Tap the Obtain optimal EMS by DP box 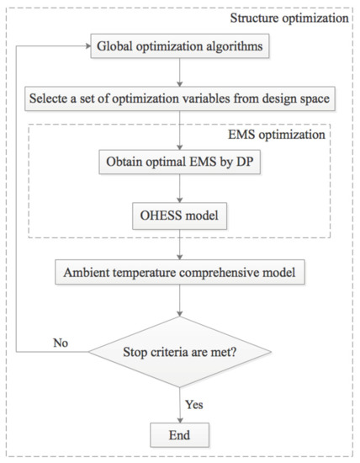point(180,160)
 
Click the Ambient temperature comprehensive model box point(180,274)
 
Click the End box point(180,435)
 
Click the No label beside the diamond point(61,343)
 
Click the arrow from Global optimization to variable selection point(180,73)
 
